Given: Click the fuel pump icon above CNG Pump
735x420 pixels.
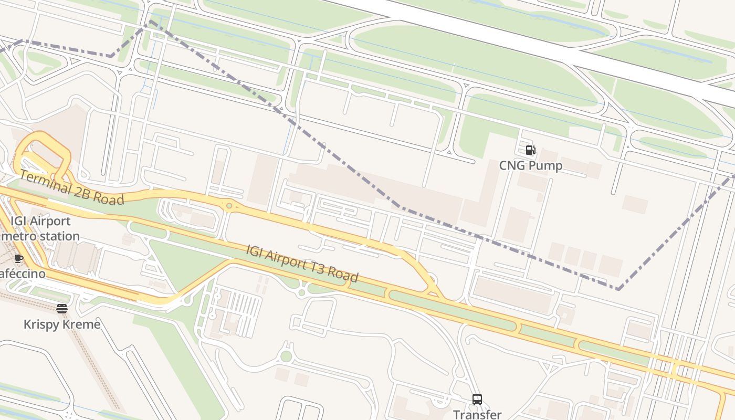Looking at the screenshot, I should (x=530, y=151).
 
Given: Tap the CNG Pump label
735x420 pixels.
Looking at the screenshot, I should (x=530, y=166).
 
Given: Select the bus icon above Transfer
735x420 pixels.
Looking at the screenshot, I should (x=477, y=400).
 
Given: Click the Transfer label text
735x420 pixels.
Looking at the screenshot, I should (x=477, y=414).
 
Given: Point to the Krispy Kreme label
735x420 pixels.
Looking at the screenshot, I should (x=62, y=324).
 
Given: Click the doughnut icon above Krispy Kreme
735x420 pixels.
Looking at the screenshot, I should (x=62, y=309).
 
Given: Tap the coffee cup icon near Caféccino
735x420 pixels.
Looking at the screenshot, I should (x=19, y=258).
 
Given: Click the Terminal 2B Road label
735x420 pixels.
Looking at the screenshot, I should (x=72, y=187).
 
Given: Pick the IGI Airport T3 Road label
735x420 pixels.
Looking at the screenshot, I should (x=302, y=263).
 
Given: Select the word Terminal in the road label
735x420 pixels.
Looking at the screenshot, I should (x=44, y=181).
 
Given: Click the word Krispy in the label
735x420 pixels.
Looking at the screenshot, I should (x=41, y=324).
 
